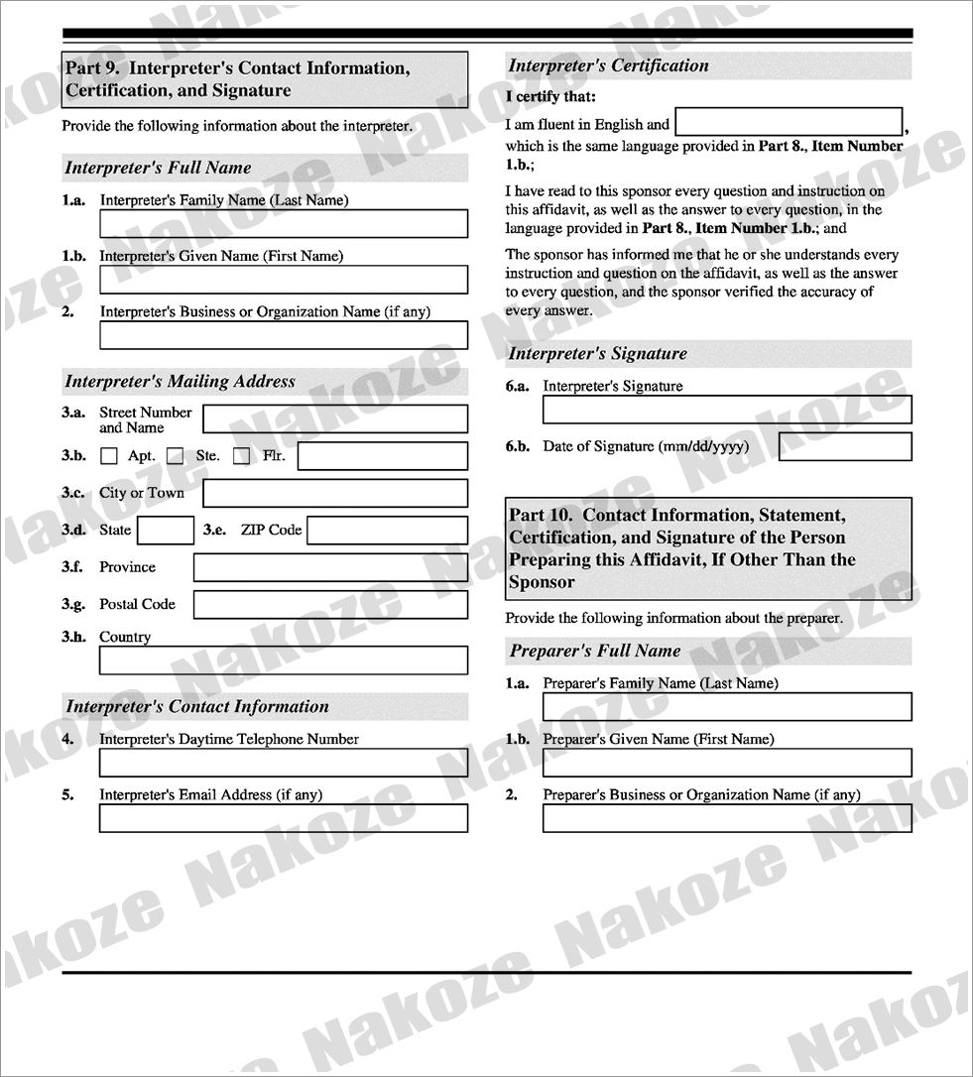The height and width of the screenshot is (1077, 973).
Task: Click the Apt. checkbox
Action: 109,456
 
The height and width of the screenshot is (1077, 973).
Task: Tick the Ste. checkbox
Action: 176,456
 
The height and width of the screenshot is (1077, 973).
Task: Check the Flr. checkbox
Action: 241,456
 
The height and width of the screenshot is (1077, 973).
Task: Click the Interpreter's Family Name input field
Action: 283,224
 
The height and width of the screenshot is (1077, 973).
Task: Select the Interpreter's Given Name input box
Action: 283,280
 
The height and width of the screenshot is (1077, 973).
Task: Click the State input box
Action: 166,531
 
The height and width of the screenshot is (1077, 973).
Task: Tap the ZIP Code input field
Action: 387,531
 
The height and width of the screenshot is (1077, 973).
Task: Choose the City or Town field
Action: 335,494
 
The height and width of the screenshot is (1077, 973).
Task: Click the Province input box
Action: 330,568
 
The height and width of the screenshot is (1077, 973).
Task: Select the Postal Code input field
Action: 330,605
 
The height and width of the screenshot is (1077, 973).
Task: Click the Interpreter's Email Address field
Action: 283,818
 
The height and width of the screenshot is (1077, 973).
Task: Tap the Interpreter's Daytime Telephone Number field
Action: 283,763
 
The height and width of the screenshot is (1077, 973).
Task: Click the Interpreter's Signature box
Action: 727,410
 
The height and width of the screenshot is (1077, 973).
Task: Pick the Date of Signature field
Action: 845,446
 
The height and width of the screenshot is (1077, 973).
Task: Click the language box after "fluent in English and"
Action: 790,122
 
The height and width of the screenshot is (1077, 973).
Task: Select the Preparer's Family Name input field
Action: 727,707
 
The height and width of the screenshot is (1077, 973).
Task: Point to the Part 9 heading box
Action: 264,79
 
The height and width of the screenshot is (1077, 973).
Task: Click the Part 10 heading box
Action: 708,548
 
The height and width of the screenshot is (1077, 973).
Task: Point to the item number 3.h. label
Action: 73,637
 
